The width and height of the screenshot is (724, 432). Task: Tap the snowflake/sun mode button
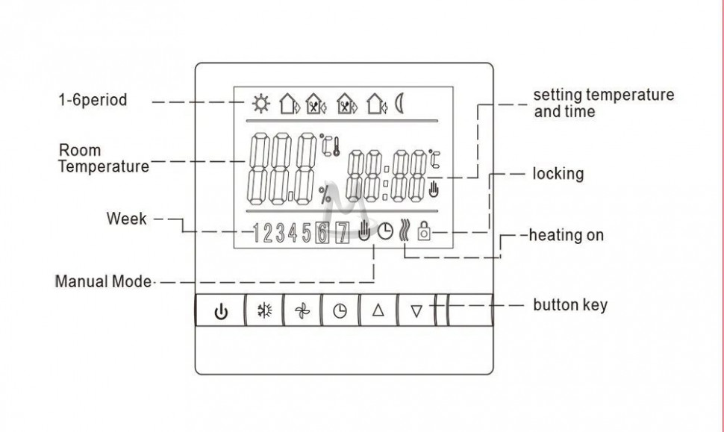pyautogui.click(x=264, y=310)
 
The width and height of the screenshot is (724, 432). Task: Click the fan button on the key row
pyautogui.click(x=302, y=310)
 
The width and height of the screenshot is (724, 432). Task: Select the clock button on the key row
pyautogui.click(x=340, y=310)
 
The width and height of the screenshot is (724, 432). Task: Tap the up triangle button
pyautogui.click(x=378, y=310)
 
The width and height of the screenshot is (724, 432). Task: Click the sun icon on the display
pyautogui.click(x=261, y=104)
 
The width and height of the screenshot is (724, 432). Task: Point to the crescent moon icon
pyautogui.click(x=399, y=104)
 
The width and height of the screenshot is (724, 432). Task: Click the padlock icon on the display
pyautogui.click(x=424, y=231)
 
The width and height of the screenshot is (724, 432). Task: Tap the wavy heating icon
pyautogui.click(x=404, y=231)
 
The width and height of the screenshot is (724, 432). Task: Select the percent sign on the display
pyautogui.click(x=325, y=194)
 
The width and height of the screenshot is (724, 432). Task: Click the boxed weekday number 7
pyautogui.click(x=342, y=233)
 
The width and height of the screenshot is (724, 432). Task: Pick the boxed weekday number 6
pyautogui.click(x=322, y=233)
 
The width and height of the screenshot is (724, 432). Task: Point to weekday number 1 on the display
pyautogui.click(x=256, y=233)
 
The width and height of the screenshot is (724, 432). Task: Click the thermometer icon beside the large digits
pyautogui.click(x=336, y=146)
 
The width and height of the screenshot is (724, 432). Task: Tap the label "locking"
pyautogui.click(x=558, y=174)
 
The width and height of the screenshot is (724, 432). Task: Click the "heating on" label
pyautogui.click(x=566, y=235)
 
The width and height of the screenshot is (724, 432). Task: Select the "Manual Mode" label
pyautogui.click(x=104, y=281)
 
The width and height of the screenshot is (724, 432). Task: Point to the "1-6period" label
pyautogui.click(x=93, y=100)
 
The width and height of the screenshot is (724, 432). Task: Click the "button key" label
pyautogui.click(x=570, y=305)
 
